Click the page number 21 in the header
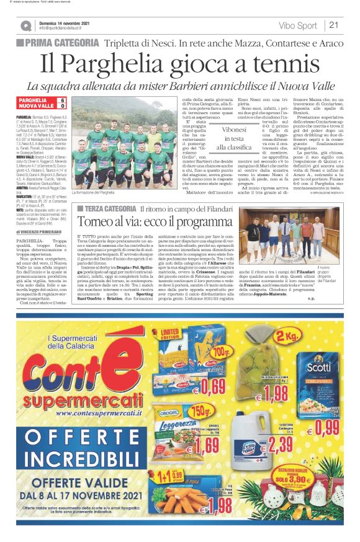[333, 25]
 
